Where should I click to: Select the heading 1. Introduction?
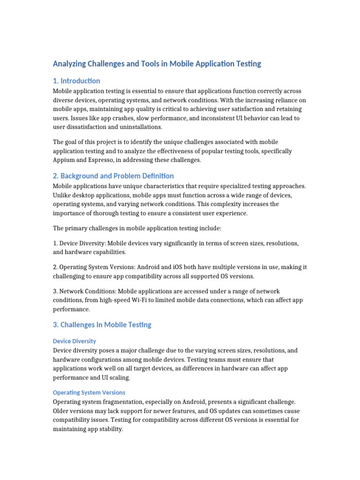76,81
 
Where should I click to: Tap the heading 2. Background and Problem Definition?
113,176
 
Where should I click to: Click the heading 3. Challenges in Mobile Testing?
102,324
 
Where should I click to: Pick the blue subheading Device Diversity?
75,341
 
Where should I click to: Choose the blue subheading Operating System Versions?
89,392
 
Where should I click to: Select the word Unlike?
62,195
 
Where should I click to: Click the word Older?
62,411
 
